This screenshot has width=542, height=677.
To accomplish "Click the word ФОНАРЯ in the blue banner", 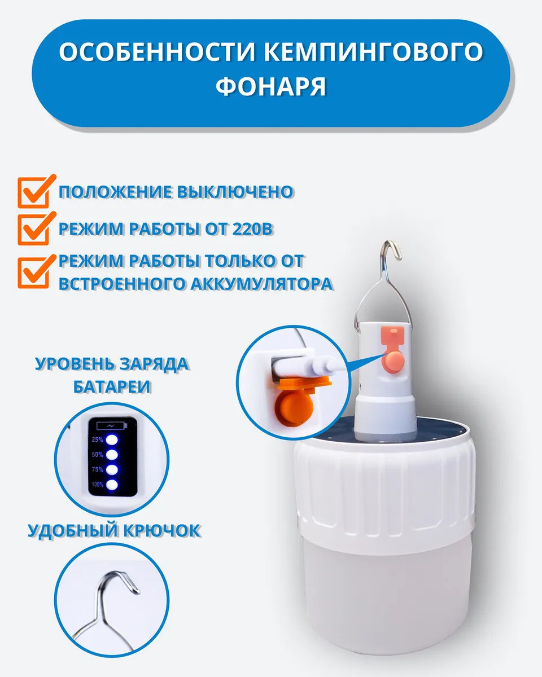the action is click(271, 86).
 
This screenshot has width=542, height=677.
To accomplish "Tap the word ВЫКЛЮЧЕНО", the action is click(235, 192).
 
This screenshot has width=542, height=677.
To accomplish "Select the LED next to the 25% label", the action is click(112, 439).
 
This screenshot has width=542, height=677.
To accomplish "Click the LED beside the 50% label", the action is click(112, 455).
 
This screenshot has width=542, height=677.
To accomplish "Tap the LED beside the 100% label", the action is click(112, 485).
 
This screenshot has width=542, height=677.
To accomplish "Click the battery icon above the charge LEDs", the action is click(112, 426).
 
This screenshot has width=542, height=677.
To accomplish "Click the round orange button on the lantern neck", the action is click(393, 361).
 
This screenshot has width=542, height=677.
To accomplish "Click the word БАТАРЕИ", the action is click(112, 386).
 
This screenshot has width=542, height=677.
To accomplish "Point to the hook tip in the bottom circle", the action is click(137, 592).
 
